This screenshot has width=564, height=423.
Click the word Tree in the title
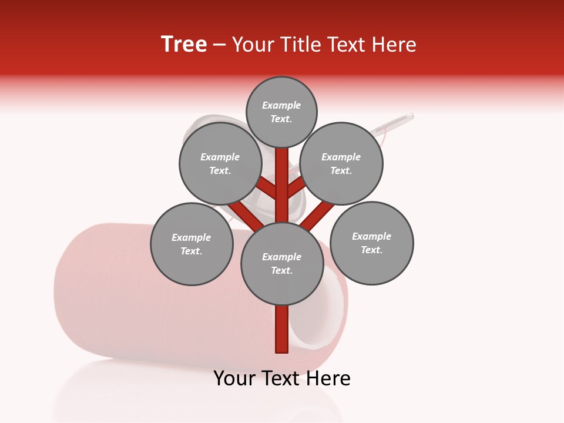184,45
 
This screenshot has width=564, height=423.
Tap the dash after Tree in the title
220,45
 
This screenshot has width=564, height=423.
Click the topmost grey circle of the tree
281,112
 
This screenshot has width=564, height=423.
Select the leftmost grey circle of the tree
192,244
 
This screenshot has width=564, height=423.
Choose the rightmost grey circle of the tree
371,243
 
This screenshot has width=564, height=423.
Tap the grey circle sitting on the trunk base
281,264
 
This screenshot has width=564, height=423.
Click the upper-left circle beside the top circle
220,163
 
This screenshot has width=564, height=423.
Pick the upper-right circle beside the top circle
341,163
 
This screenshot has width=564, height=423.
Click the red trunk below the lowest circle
282,329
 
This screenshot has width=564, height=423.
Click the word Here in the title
396,45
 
